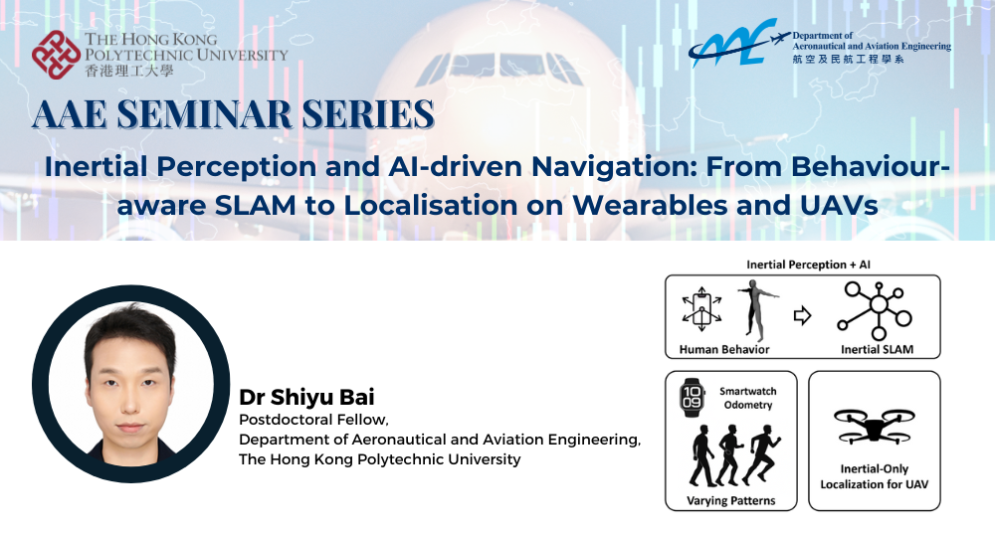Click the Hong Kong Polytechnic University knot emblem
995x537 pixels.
(x=56, y=55)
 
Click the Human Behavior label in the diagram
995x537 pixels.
(x=724, y=349)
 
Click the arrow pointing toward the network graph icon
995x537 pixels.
(x=802, y=315)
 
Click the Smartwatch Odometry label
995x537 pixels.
(x=747, y=398)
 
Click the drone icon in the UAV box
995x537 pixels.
(x=874, y=424)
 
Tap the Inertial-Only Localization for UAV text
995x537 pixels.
(x=874, y=476)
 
